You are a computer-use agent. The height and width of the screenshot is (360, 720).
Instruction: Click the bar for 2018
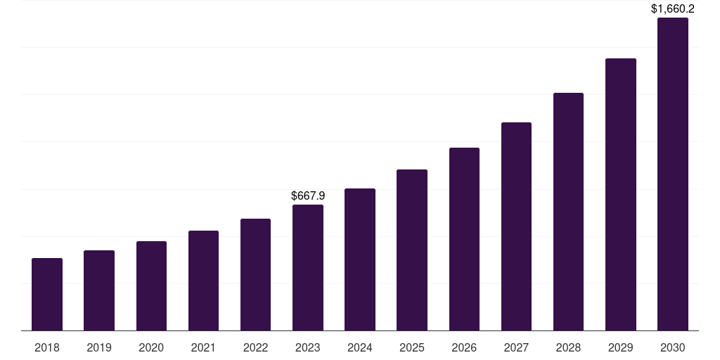tap(47, 295)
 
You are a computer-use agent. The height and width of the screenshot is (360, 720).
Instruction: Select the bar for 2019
tap(99, 290)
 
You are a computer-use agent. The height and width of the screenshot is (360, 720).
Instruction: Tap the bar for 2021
tap(203, 281)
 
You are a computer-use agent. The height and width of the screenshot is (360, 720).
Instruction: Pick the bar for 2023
tap(308, 268)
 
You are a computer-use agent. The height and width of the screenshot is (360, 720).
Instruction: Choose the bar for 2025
tap(412, 250)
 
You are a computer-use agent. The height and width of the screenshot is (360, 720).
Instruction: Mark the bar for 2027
tap(516, 226)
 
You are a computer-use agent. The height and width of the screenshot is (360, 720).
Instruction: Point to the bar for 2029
tap(621, 195)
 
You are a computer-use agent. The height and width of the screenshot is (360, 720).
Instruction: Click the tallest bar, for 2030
tap(673, 174)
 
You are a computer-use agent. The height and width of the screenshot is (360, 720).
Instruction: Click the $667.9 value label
tap(308, 195)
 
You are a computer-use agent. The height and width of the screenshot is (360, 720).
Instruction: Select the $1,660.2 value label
tap(673, 9)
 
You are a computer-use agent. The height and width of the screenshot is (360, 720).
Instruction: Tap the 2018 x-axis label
tap(47, 347)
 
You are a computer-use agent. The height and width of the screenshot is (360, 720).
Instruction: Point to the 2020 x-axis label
tap(151, 347)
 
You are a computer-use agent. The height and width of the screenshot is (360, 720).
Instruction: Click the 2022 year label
tap(255, 347)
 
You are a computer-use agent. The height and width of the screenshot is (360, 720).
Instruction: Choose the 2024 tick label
tap(360, 347)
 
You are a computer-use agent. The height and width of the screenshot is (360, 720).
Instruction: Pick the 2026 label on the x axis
tap(464, 347)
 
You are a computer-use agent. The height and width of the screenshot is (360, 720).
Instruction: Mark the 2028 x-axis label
tap(568, 347)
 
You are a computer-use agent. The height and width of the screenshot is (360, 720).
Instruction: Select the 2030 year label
tap(673, 347)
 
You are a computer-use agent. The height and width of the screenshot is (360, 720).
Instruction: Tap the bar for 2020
tap(151, 286)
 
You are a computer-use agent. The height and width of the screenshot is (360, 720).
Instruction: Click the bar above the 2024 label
tap(360, 259)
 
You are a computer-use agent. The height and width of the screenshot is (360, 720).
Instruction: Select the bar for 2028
tap(568, 212)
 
